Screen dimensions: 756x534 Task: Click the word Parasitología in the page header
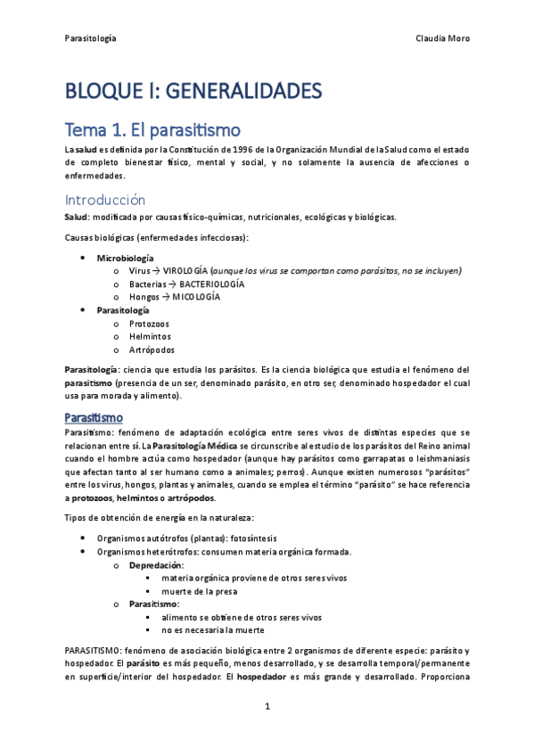[x=91, y=38]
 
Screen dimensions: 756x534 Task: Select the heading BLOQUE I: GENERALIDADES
[x=192, y=91]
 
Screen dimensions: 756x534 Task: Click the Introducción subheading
[x=105, y=200]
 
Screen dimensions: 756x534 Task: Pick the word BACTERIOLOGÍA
[x=206, y=283]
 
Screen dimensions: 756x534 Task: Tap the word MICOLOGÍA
[x=193, y=297]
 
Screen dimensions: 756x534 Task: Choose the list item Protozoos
[x=149, y=324]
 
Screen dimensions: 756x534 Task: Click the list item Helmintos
[x=148, y=337]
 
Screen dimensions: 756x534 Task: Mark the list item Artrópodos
[x=150, y=350]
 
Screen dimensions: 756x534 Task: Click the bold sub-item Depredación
[x=156, y=565]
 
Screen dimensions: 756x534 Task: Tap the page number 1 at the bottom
[x=267, y=707]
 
